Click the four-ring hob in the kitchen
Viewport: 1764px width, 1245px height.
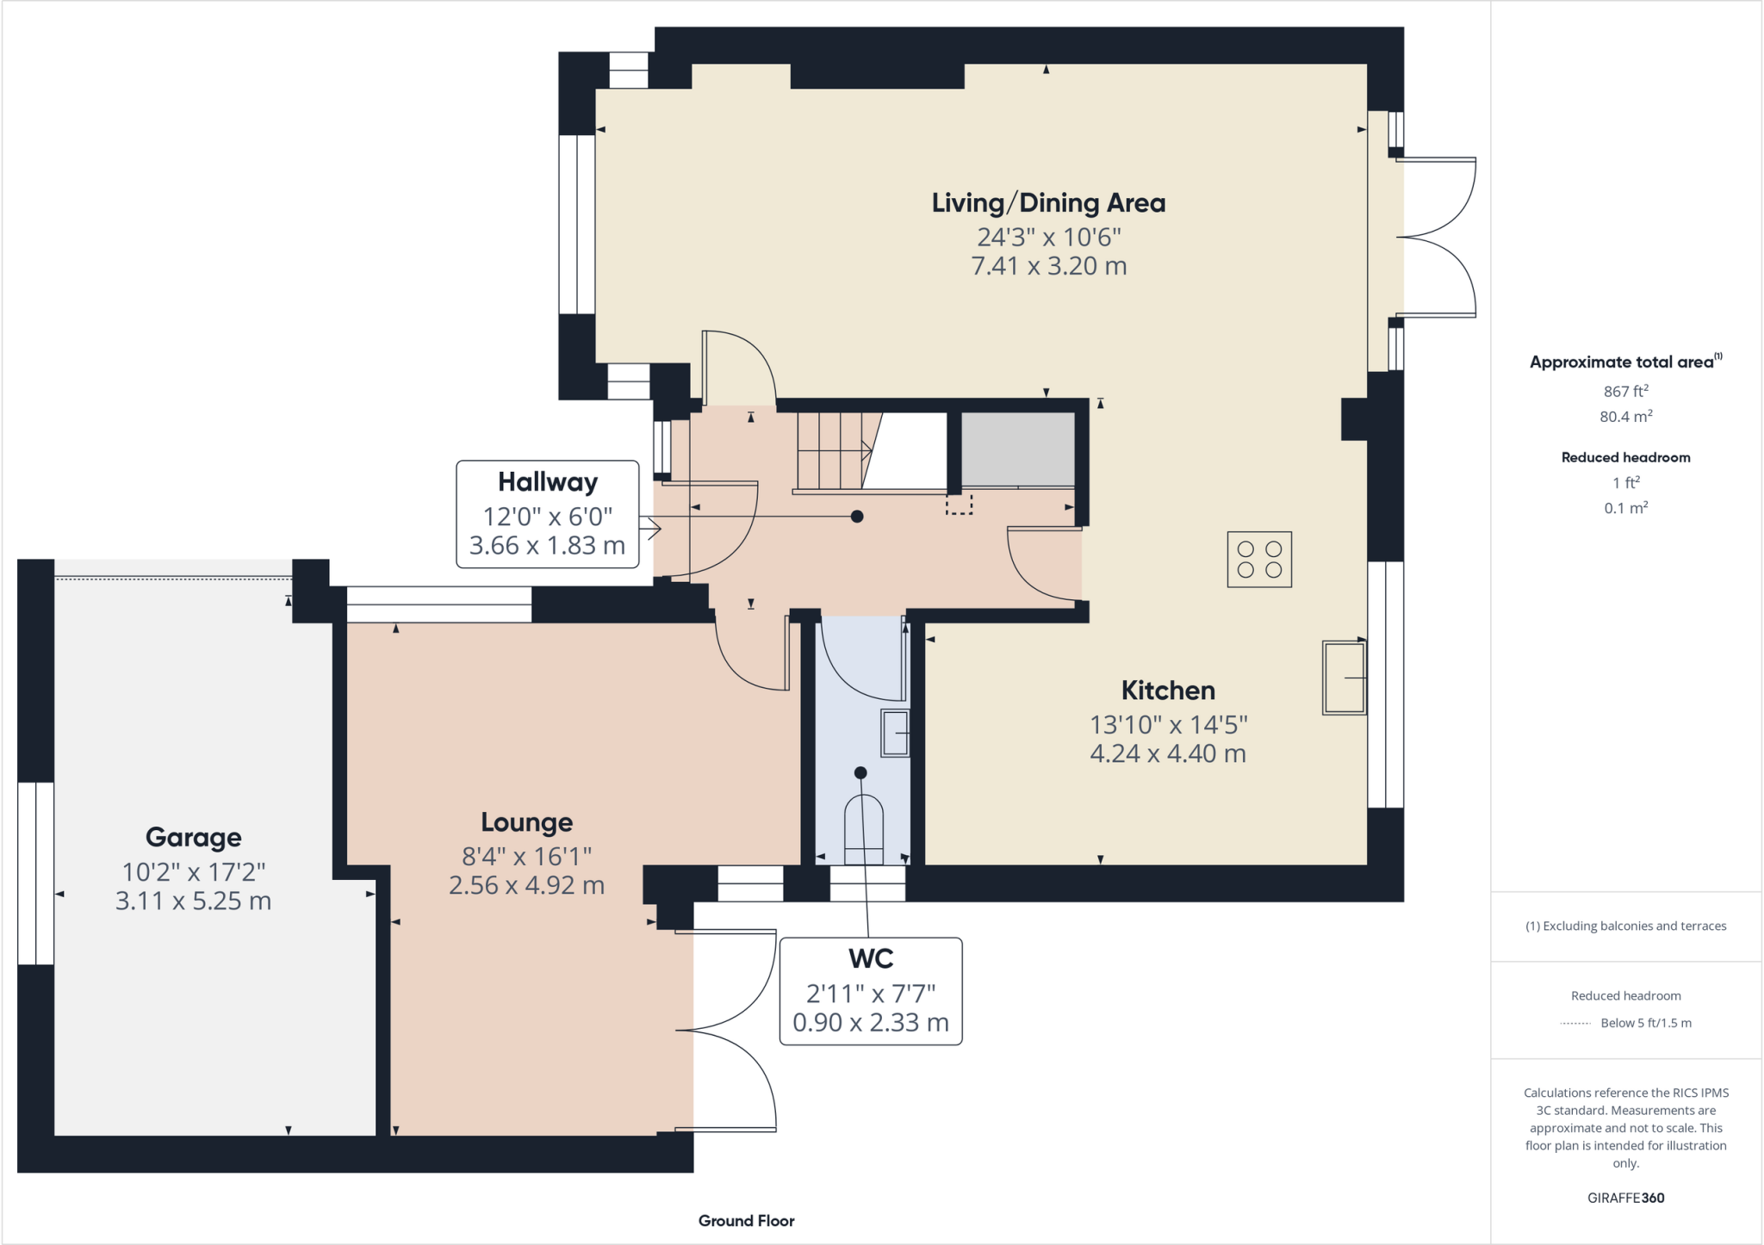click(x=1259, y=560)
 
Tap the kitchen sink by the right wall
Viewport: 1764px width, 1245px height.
click(x=1345, y=678)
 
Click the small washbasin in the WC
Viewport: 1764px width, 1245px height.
click(x=895, y=732)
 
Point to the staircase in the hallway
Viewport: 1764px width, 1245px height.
click(x=832, y=451)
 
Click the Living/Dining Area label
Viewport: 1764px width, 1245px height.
click(x=1048, y=203)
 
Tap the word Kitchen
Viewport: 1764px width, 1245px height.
click(x=1168, y=691)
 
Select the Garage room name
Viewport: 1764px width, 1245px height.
click(x=193, y=837)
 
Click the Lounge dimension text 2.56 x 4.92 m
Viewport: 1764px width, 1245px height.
click(x=526, y=885)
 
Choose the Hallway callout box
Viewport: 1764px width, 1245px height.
click(x=548, y=514)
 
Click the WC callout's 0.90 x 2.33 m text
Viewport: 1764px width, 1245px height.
click(x=871, y=1023)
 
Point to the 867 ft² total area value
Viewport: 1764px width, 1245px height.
click(x=1625, y=391)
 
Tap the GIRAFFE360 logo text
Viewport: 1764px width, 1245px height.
click(x=1625, y=1198)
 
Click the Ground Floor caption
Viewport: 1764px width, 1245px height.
click(x=746, y=1221)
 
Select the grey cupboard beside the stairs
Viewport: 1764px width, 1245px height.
click(x=1017, y=449)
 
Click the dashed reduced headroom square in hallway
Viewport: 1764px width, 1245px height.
click(x=959, y=505)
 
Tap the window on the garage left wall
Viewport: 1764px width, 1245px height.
click(x=36, y=873)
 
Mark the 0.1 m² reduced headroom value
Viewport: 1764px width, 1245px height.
click(x=1625, y=508)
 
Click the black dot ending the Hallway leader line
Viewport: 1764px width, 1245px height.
click(x=857, y=517)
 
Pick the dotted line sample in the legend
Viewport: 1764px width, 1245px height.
click(x=1575, y=1024)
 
